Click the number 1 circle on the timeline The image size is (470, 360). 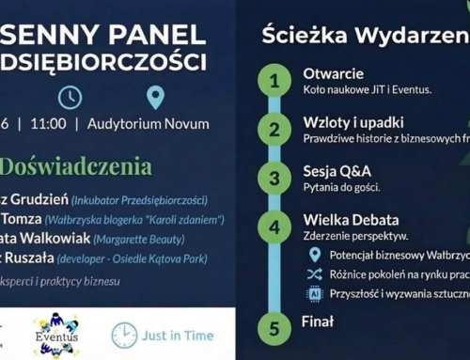tap(274, 80)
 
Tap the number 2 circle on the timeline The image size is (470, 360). tap(274, 129)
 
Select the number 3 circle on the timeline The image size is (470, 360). tap(274, 178)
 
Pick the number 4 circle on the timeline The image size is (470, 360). tap(274, 227)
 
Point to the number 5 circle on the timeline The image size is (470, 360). tap(274, 329)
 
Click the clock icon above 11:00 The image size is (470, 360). tap(70, 97)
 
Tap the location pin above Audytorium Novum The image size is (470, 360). tap(155, 97)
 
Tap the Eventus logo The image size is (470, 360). tap(56, 335)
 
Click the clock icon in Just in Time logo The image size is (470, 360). tap(124, 336)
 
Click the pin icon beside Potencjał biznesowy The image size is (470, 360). tap(314, 254)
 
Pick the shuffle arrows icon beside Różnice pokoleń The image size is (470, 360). tap(314, 274)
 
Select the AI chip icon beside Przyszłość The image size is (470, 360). tap(314, 293)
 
